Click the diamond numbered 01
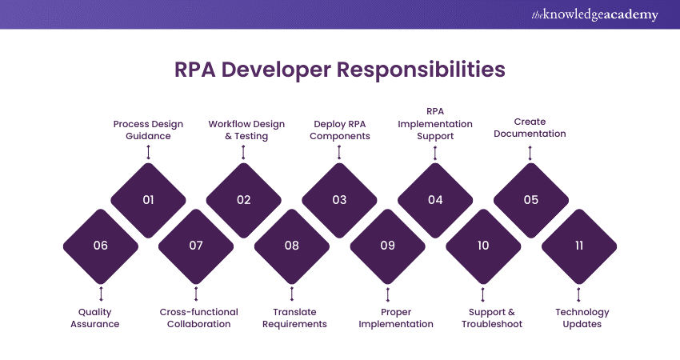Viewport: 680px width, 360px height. [x=148, y=200]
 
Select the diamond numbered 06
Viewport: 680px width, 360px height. [x=100, y=246]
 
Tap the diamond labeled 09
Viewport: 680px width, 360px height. [x=387, y=246]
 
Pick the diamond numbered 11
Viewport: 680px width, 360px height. [x=578, y=246]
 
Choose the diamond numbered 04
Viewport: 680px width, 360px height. [x=435, y=200]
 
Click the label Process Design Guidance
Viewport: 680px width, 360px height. [x=148, y=130]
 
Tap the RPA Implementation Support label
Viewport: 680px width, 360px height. [x=435, y=124]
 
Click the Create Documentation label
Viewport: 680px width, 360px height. [x=530, y=128]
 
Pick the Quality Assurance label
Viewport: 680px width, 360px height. [x=99, y=318]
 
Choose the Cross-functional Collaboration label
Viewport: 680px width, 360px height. [x=195, y=318]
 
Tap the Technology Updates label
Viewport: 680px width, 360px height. [x=582, y=318]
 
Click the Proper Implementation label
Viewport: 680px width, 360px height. [x=395, y=318]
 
